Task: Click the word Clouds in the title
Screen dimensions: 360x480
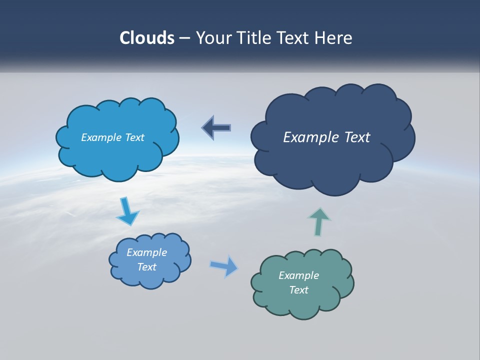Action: tap(147, 38)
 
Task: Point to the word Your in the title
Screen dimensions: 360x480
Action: tap(214, 38)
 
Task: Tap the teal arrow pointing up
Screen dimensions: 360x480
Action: tap(319, 220)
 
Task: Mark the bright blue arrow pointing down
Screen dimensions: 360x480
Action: tap(127, 211)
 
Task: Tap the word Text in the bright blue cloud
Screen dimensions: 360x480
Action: tap(134, 137)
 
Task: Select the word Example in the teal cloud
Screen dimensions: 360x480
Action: tap(298, 275)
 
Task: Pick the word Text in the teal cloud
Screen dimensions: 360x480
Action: tap(298, 290)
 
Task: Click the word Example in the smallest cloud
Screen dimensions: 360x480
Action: tap(146, 252)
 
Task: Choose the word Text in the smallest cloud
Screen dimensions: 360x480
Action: tap(146, 267)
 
